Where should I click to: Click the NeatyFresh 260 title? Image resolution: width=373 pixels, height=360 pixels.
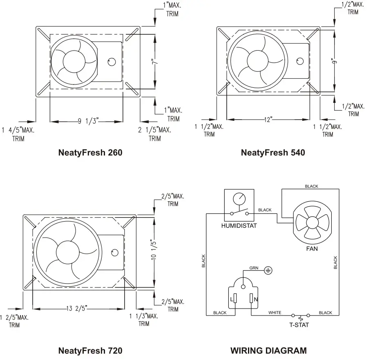coord(90,153)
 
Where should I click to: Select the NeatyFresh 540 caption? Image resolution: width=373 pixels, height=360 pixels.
coord(272,153)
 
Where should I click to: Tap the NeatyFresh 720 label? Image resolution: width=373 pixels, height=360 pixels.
coord(90,350)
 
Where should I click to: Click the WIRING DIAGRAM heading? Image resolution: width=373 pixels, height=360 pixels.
coord(268,350)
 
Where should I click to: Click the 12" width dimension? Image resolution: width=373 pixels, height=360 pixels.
coord(268,119)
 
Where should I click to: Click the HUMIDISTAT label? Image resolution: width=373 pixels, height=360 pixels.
coord(239,226)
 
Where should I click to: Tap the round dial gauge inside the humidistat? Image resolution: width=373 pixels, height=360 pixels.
coord(239,199)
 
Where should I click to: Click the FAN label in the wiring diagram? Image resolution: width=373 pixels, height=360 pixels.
coord(312,248)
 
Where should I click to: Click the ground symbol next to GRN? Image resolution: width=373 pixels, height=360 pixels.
coord(268,270)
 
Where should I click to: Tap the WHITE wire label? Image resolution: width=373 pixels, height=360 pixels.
coord(275,313)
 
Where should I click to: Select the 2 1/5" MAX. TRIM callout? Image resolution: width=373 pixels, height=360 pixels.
coord(154,134)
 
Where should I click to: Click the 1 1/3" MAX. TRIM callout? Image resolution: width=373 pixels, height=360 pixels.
coord(143,320)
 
